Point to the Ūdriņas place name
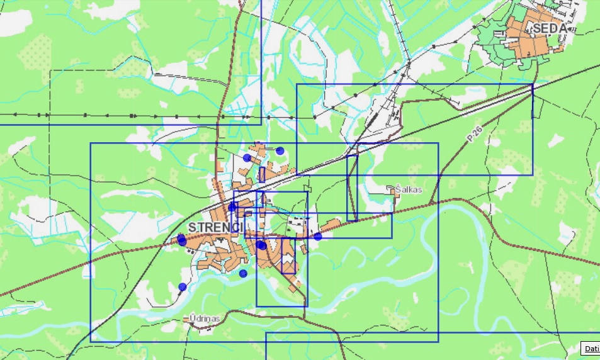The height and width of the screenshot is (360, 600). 205,318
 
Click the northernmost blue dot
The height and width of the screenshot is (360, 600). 280,150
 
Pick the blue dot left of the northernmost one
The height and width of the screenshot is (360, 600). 247,158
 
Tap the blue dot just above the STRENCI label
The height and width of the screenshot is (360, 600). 232,206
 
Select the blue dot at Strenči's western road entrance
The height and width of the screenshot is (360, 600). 182,239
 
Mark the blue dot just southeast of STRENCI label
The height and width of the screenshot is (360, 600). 260,245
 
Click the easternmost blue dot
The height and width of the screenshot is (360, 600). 318,237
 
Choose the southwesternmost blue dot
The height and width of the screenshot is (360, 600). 183,287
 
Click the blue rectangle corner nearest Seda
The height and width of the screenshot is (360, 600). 533,84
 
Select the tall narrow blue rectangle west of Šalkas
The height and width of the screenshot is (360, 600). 352,188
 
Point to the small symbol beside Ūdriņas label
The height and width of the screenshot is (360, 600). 186,319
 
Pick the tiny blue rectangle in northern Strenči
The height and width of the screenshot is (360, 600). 262,174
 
